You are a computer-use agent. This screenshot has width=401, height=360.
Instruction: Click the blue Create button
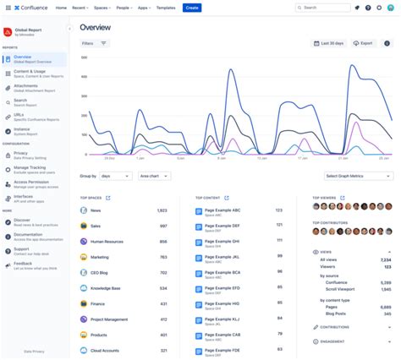point(192,8)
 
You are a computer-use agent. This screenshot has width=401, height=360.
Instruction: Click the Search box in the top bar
point(322,8)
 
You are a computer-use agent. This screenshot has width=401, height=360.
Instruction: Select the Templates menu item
point(166,8)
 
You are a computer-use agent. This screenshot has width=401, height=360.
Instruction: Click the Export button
point(363,42)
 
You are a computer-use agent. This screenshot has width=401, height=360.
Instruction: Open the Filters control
point(95,42)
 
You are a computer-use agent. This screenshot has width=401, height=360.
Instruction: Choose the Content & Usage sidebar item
point(30,73)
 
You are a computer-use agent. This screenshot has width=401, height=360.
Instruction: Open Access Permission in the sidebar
point(31,183)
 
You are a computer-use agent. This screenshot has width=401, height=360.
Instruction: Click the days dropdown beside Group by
point(116,176)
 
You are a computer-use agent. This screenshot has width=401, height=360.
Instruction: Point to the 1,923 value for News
point(162,210)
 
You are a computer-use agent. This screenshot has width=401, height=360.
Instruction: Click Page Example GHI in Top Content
point(222,241)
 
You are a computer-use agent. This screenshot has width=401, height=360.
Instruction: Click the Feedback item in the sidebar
point(23,264)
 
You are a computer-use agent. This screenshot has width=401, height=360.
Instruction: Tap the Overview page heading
point(96,27)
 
